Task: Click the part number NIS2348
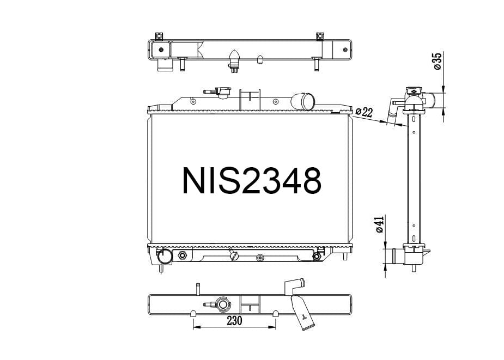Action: click(251, 181)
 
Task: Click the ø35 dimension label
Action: click(437, 62)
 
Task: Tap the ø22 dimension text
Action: click(364, 112)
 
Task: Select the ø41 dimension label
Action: click(380, 224)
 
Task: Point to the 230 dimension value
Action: click(234, 321)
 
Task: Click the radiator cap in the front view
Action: click(222, 93)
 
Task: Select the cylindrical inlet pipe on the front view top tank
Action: click(303, 101)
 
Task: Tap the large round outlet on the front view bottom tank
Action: click(165, 256)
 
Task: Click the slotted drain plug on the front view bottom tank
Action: click(234, 255)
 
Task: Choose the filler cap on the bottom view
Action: click(222, 304)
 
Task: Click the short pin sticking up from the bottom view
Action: click(197, 289)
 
